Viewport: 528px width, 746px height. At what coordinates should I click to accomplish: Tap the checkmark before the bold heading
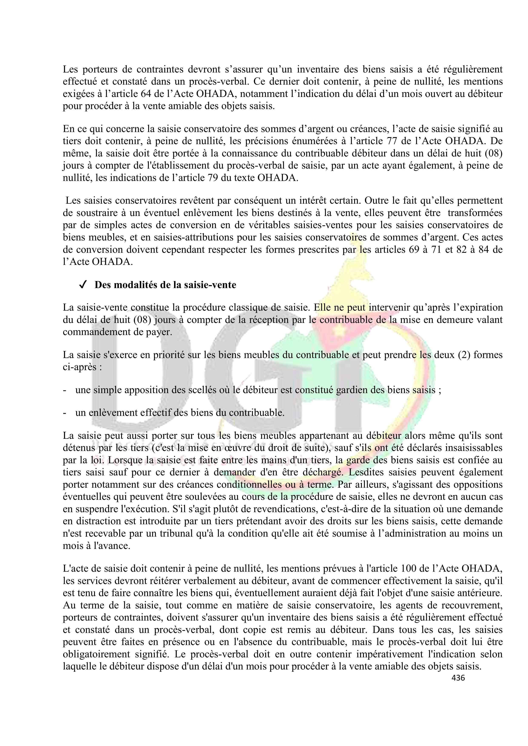(82, 285)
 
